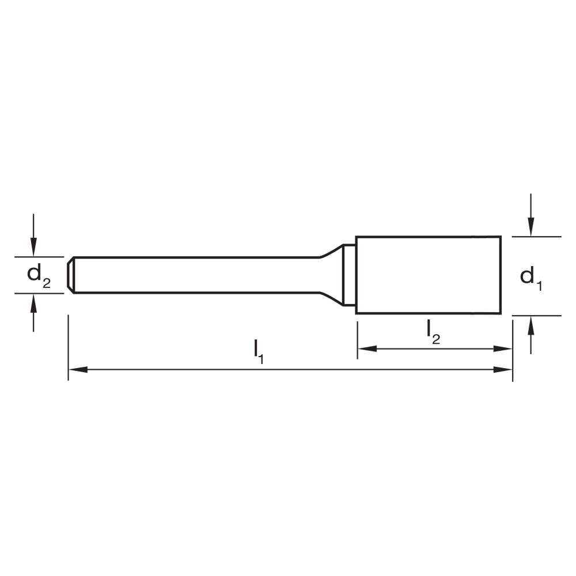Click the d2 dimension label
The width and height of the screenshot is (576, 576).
pos(39,275)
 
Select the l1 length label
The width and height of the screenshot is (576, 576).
pos(259,351)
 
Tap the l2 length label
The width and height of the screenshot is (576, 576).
pos(433,331)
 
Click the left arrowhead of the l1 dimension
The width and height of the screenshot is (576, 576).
pos(77,369)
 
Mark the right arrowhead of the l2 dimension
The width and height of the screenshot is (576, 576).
pos(503,348)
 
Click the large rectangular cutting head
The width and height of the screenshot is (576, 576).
pos(428,275)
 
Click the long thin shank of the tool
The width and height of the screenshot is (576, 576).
pos(196,275)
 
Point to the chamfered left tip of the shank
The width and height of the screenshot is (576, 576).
pos(70,275)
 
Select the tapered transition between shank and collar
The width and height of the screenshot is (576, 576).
pos(331,275)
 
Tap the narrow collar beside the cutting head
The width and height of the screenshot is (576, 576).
pos(349,275)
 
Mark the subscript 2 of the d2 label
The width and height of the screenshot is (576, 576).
pos(47,282)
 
